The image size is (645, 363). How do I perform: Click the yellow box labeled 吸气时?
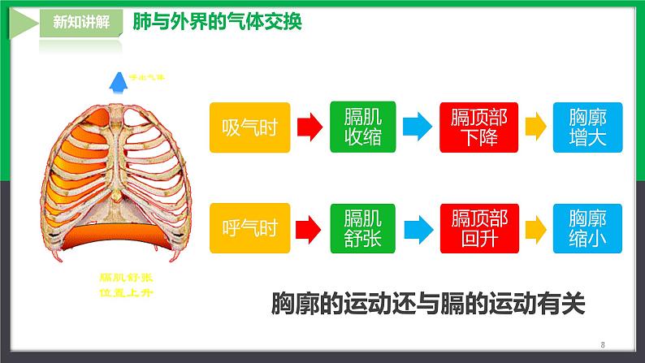coord(249,127)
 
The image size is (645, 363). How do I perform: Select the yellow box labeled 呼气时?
coord(249,227)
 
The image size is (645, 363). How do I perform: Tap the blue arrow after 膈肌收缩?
coord(418,127)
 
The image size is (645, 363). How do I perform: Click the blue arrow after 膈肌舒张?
coord(418,227)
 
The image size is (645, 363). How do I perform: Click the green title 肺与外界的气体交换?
coord(217,22)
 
